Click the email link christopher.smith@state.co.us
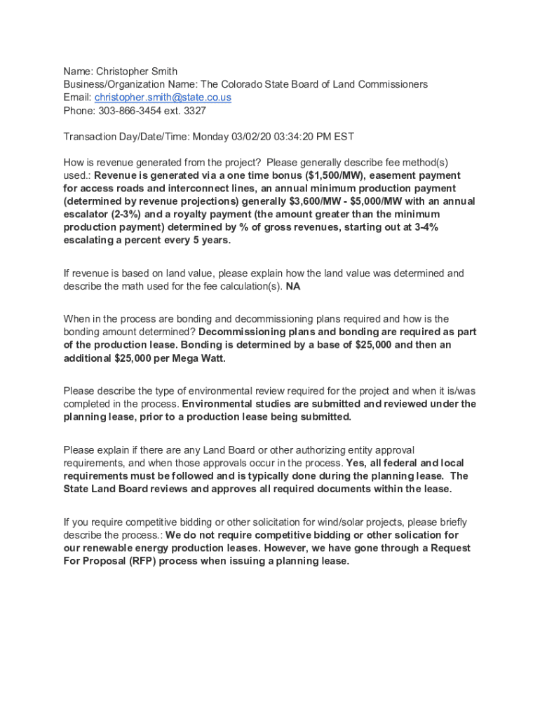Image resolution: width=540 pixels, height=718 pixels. click(x=163, y=97)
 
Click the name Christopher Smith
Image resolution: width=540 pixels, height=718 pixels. click(x=137, y=72)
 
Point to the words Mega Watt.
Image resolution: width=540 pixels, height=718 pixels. click(x=202, y=358)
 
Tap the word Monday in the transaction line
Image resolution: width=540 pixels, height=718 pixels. click(x=210, y=137)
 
